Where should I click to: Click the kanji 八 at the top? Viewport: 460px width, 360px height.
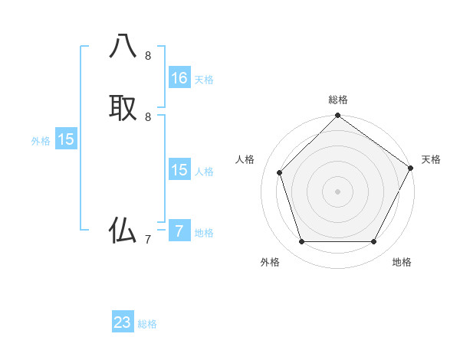[123, 47]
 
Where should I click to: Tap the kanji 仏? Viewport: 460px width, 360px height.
[123, 230]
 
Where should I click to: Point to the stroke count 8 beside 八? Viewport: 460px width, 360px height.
[148, 56]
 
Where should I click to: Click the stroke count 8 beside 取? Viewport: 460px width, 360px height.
[148, 116]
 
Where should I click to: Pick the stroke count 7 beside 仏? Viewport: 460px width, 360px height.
[148, 239]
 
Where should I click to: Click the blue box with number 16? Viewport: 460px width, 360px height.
[179, 78]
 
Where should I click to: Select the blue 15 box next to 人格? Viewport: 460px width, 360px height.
[179, 170]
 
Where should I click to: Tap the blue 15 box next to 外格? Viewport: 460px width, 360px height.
[66, 139]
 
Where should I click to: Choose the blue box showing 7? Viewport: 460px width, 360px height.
[179, 231]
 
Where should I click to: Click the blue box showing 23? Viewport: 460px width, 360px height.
[123, 322]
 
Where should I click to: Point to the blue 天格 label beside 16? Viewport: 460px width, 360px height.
[204, 80]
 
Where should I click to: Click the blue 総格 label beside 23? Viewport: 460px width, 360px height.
[147, 324]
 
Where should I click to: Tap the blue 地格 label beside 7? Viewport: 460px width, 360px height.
[204, 233]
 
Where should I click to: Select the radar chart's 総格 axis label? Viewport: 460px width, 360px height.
[338, 100]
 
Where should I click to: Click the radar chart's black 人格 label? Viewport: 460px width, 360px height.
[245, 159]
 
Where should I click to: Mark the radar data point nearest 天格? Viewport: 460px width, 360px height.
[410, 168]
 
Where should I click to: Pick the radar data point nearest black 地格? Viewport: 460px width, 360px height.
[373, 242]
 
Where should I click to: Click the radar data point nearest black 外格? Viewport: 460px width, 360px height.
[301, 242]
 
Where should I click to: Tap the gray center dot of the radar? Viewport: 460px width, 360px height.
[337, 191]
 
